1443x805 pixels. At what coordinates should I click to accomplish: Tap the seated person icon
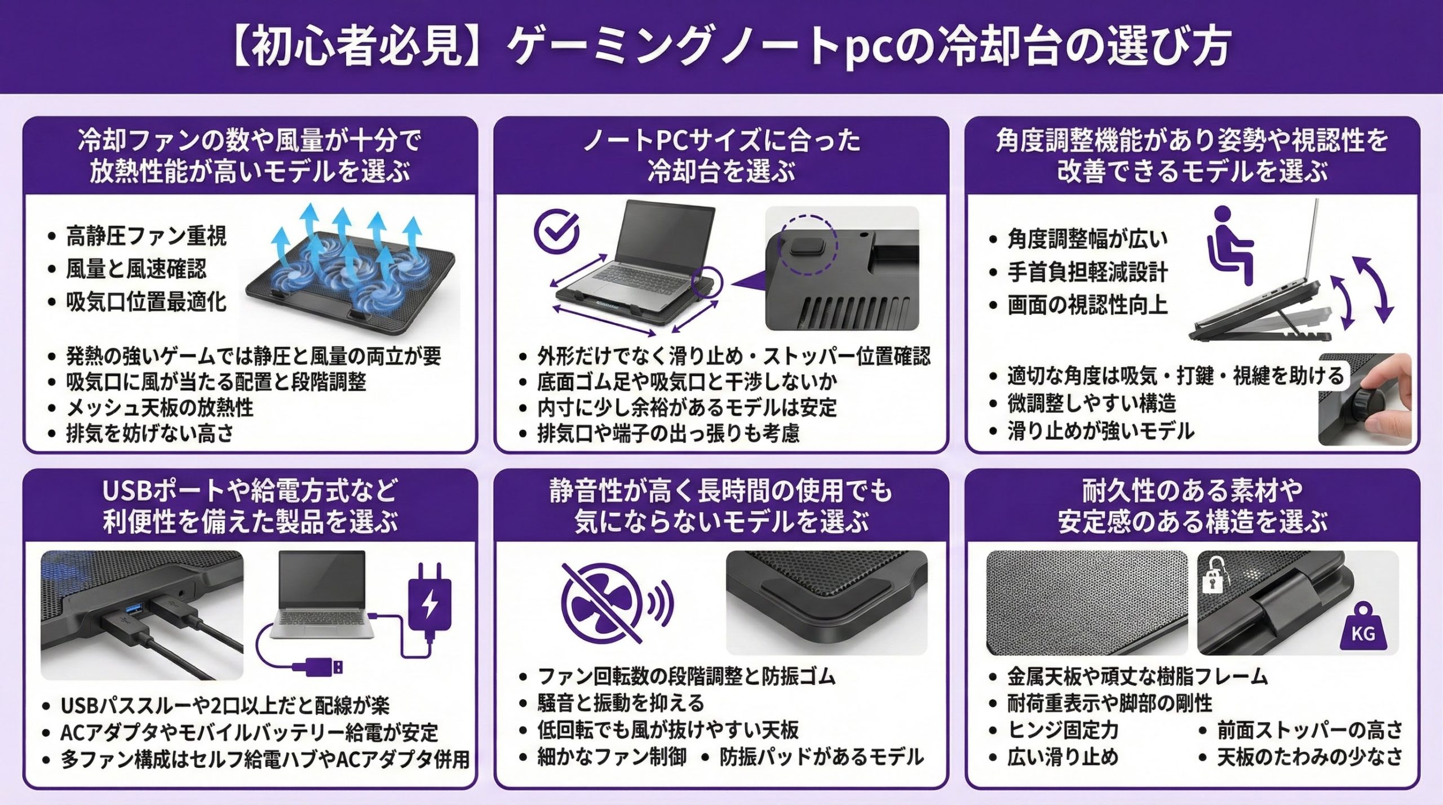[1229, 244]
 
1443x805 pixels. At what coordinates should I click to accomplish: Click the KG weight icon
[1363, 627]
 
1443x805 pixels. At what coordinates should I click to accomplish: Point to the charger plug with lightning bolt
[430, 602]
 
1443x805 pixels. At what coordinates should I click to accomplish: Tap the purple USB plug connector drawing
[317, 667]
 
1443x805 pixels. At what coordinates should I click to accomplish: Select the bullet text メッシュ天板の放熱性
[160, 407]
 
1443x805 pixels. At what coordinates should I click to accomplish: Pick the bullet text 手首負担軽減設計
[1088, 272]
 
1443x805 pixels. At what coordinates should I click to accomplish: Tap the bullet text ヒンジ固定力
[1063, 730]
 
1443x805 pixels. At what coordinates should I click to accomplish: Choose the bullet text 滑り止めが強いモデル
[1101, 432]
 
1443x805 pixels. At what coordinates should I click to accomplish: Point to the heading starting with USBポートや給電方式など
[250, 506]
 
